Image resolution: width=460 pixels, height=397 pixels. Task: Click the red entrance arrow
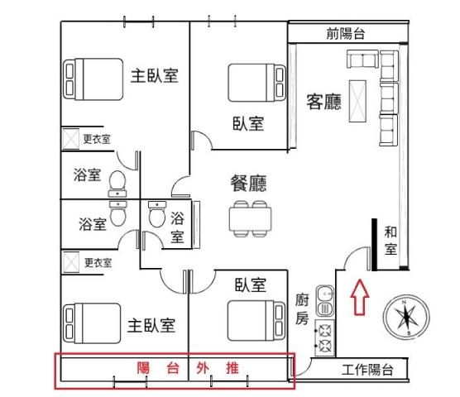tap(360, 297)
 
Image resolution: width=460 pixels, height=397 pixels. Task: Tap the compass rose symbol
tap(406, 318)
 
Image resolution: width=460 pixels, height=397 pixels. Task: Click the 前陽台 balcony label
tap(346, 33)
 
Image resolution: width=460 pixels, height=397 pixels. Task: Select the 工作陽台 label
tap(367, 370)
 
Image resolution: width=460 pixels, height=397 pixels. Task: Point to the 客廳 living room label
tap(323, 102)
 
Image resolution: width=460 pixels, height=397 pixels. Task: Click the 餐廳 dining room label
tap(248, 184)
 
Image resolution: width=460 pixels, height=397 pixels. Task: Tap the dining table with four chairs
tap(250, 218)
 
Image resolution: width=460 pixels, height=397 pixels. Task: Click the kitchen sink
tap(325, 300)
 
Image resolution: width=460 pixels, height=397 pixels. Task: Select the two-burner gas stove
tap(324, 338)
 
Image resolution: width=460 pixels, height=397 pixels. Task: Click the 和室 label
tap(391, 241)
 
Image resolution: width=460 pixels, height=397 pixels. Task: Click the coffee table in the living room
tap(357, 101)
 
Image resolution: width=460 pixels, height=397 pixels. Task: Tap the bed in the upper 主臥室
tap(93, 79)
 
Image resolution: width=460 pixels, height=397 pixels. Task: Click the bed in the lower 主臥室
tap(92, 323)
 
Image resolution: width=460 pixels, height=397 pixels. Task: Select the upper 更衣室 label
tap(97, 139)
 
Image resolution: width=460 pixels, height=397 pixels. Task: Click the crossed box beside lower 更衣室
tap(71, 262)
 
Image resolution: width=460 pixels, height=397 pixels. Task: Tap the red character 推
tap(232, 368)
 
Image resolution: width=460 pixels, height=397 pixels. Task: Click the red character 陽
tap(143, 368)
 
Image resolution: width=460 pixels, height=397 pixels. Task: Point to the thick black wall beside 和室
tap(374, 245)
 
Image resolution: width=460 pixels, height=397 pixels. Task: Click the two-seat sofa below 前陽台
tap(362, 59)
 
